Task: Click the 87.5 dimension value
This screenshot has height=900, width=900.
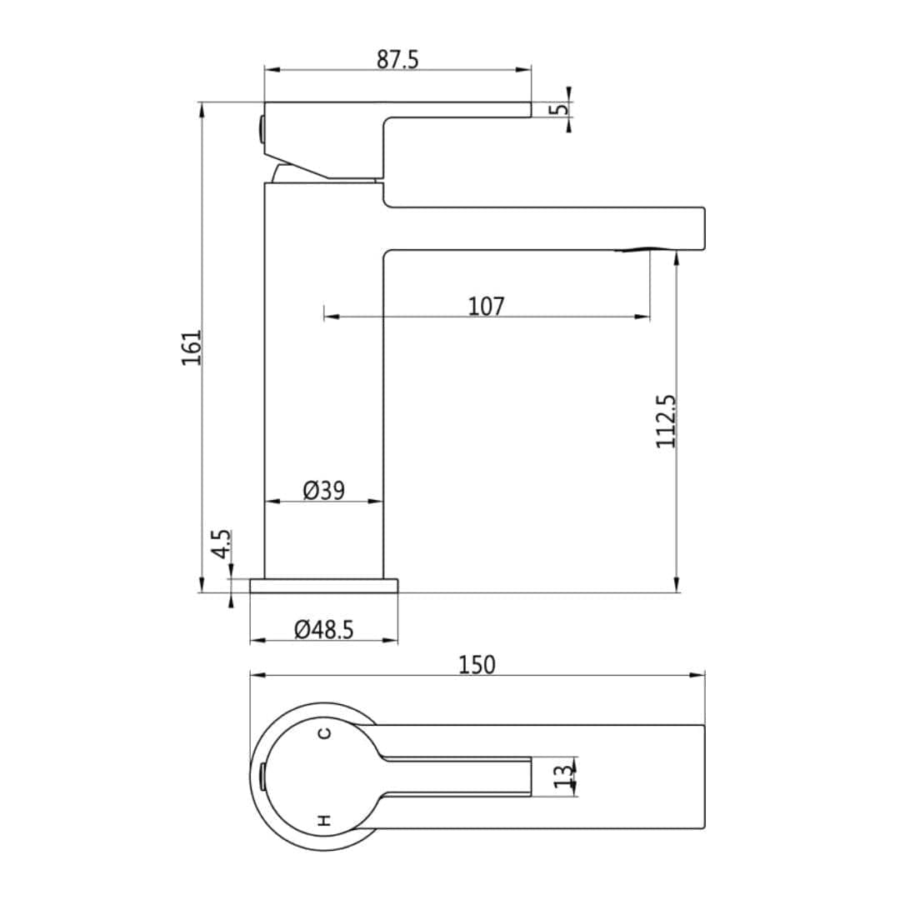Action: pyautogui.click(x=397, y=60)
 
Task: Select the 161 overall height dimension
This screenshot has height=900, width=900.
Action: pyautogui.click(x=192, y=347)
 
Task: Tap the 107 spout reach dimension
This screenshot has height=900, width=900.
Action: pyautogui.click(x=486, y=307)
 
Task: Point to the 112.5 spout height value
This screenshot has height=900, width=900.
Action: pyautogui.click(x=666, y=422)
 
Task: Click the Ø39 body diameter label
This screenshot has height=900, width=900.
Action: pyautogui.click(x=323, y=491)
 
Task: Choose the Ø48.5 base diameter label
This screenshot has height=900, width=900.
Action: pyautogui.click(x=323, y=630)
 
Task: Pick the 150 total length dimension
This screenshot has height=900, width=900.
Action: pyautogui.click(x=477, y=665)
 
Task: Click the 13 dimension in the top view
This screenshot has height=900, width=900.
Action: pyautogui.click(x=564, y=777)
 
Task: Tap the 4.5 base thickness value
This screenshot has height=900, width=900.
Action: pyautogui.click(x=221, y=546)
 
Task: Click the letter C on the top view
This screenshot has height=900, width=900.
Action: pyautogui.click(x=325, y=733)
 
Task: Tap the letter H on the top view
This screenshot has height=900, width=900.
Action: pyautogui.click(x=325, y=820)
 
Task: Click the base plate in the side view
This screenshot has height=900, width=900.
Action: pyautogui.click(x=323, y=586)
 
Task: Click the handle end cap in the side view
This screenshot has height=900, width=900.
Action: pyautogui.click(x=261, y=129)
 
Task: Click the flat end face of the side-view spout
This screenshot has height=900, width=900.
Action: pyautogui.click(x=704, y=227)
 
